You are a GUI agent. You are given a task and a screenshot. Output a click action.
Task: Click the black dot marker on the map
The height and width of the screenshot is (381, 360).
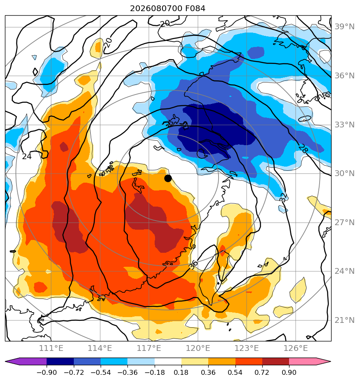click(168, 179)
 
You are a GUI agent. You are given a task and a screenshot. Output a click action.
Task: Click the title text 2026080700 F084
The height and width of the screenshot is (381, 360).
click(168, 9)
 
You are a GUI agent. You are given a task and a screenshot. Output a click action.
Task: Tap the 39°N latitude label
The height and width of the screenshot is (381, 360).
click(344, 26)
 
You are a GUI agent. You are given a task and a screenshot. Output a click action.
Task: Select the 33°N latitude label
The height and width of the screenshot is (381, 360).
click(344, 125)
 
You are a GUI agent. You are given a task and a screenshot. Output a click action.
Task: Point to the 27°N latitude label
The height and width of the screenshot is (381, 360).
click(344, 222)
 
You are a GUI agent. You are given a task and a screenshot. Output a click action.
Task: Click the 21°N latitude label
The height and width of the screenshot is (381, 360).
click(344, 320)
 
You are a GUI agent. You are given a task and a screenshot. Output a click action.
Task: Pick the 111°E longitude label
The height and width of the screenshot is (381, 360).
click(51, 348)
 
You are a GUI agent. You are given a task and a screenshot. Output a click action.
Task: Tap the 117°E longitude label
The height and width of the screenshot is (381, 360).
click(149, 348)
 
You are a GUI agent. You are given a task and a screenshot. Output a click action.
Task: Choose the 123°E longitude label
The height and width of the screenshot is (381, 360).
click(247, 348)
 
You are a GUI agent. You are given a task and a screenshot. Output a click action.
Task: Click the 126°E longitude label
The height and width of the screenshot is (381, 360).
click(296, 348)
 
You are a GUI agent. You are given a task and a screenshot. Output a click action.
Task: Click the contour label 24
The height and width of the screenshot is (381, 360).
click(27, 157)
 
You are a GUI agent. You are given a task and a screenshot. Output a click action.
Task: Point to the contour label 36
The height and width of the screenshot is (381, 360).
click(193, 265)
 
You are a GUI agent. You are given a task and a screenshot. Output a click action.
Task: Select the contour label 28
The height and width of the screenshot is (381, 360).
click(303, 148)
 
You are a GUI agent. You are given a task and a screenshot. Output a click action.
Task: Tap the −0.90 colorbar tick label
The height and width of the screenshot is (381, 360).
click(47, 372)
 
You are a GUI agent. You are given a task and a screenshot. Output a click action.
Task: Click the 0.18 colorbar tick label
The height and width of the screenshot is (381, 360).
click(181, 372)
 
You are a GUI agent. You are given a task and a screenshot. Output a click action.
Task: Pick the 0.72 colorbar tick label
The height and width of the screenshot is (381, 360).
click(262, 372)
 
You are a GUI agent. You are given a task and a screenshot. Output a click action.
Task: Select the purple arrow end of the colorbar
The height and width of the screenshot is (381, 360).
click(26, 361)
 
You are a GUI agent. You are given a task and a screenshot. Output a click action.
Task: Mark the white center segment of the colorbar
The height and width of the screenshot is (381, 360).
click(168, 361)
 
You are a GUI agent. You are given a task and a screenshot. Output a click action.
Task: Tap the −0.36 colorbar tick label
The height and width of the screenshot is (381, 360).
click(127, 372)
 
